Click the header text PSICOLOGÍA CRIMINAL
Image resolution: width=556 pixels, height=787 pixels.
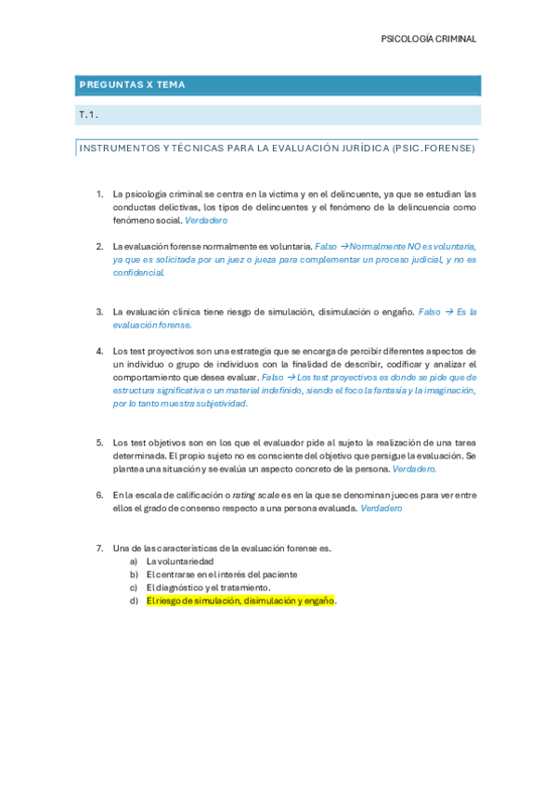pos(429,39)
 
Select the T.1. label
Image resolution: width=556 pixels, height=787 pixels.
pos(89,115)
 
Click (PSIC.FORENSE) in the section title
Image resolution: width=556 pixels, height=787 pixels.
pos(433,148)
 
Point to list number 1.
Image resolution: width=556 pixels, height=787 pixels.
pos(99,194)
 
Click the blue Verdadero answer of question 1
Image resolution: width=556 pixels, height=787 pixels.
pos(206,221)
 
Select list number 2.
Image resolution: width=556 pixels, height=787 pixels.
pos(99,246)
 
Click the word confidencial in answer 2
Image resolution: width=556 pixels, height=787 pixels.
pos(138,273)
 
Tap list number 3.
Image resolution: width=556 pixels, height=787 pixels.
pos(99,312)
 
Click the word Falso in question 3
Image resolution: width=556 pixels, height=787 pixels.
pos(430,312)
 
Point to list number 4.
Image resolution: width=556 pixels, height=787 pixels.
pos(99,351)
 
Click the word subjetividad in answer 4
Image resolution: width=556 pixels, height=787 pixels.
pos(220,404)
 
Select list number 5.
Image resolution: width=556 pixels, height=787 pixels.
pos(99,443)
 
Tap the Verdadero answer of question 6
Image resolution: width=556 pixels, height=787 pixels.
pos(381,509)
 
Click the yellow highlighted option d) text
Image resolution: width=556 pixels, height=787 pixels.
pos(240,600)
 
